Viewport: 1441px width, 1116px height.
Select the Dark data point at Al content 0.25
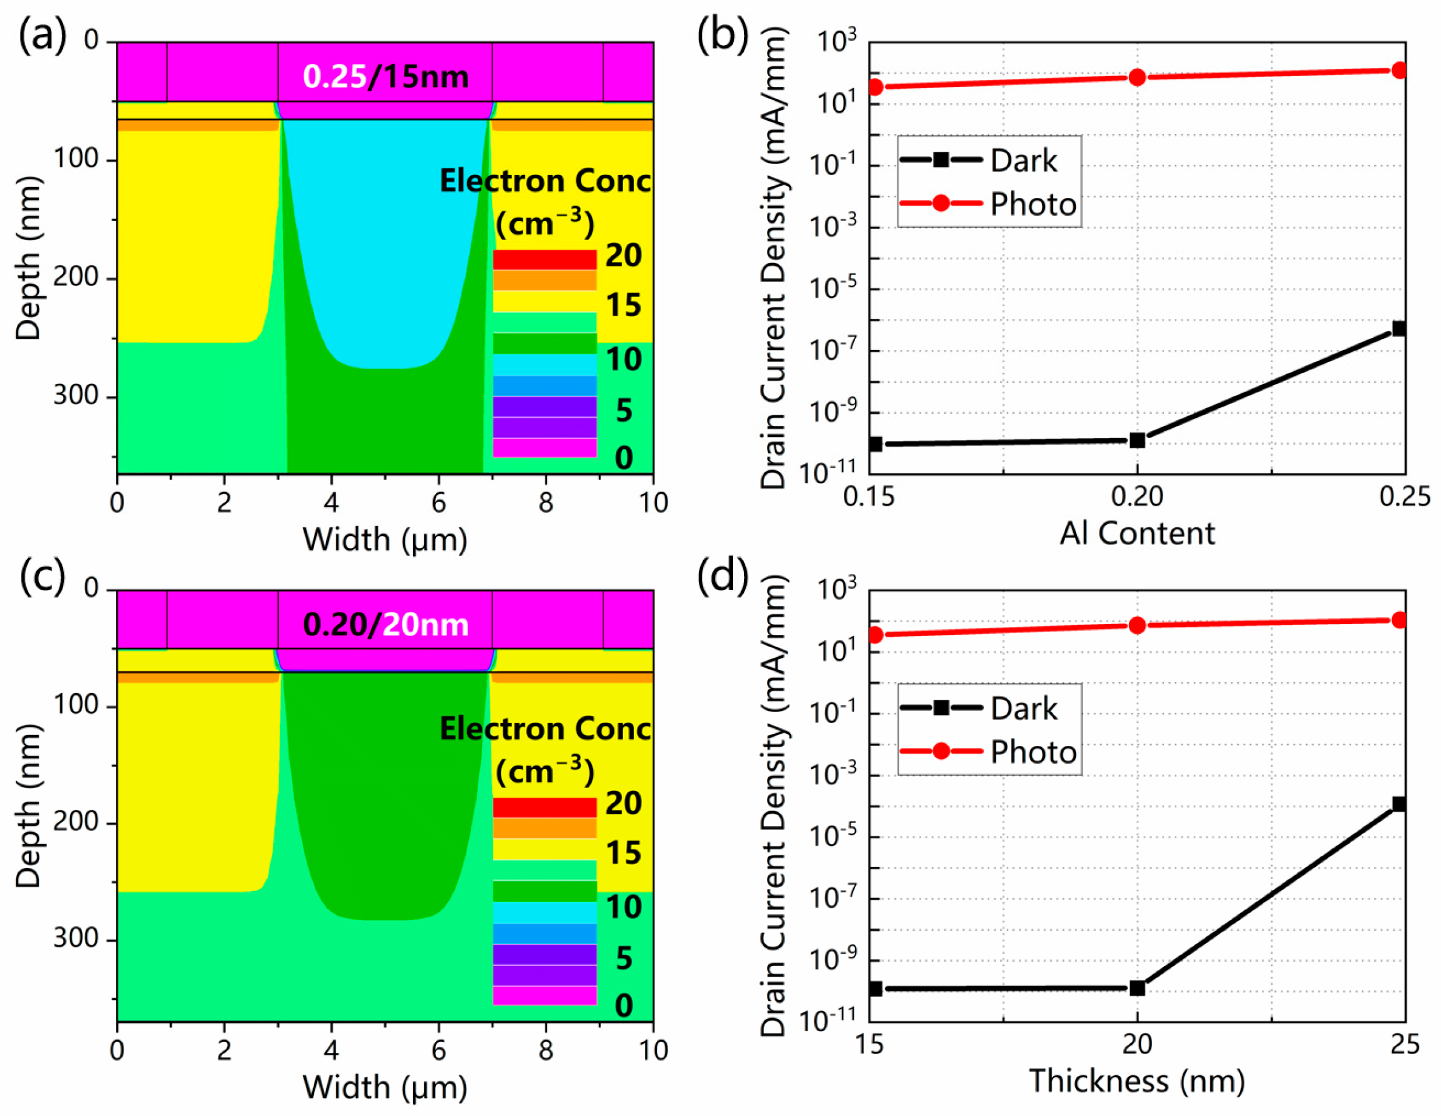pyautogui.click(x=1398, y=329)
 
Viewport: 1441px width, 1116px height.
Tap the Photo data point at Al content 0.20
pyautogui.click(x=1137, y=77)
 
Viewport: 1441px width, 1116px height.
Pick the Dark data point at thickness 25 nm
pyautogui.click(x=1398, y=804)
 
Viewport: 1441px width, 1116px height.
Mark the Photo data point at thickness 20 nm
pyautogui.click(x=1137, y=625)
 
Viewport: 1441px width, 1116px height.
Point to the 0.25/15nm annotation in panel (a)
pyautogui.click(x=386, y=77)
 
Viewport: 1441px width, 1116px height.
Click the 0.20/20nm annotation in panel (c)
pyautogui.click(x=386, y=625)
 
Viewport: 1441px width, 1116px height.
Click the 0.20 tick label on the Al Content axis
pyautogui.click(x=1137, y=496)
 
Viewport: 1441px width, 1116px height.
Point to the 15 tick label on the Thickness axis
pyautogui.click(x=870, y=1044)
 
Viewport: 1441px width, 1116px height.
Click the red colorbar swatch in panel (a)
pyautogui.click(x=544, y=259)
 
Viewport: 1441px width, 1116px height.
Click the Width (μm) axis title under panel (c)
pyautogui.click(x=384, y=1087)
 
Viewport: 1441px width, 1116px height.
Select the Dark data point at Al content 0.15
pyautogui.click(x=876, y=443)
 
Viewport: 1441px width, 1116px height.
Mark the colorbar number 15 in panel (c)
pyautogui.click(x=624, y=853)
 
